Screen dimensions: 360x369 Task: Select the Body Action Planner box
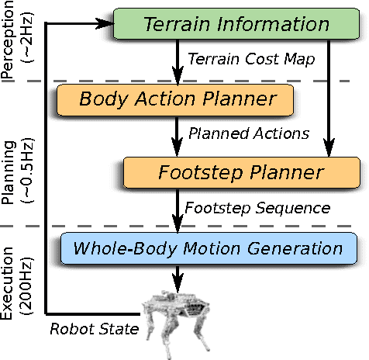[x=177, y=99]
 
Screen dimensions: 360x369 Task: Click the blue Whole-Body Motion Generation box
[x=207, y=249]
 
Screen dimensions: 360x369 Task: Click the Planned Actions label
[x=249, y=133]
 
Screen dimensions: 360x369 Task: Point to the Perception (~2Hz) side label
[x=21, y=39]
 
